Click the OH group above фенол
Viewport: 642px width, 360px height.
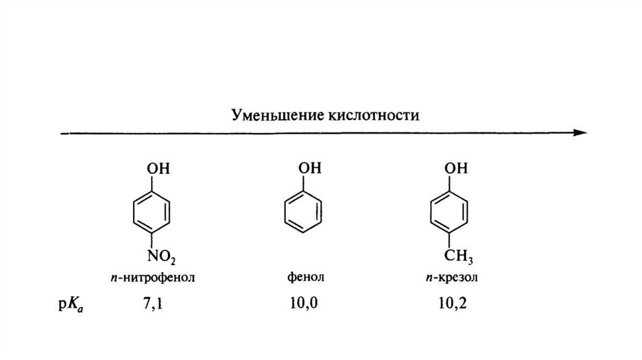click(x=310, y=169)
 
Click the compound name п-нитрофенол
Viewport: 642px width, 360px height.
click(x=157, y=277)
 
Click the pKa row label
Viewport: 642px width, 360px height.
click(x=69, y=305)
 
